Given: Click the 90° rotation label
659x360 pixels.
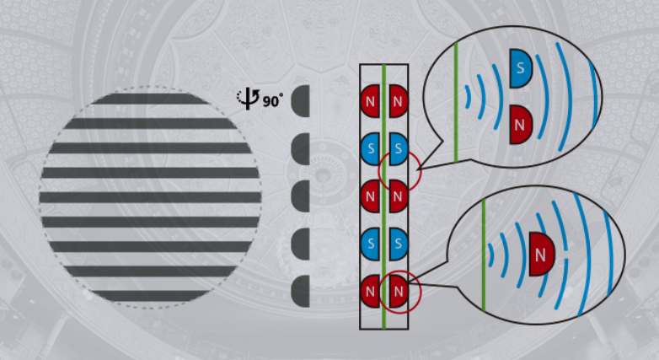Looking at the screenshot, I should point(273,101).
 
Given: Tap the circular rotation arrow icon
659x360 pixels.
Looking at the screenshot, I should point(249,99).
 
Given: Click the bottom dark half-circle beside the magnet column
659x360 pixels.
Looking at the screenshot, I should point(302,292).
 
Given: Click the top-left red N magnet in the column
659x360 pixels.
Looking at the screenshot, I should point(371,100).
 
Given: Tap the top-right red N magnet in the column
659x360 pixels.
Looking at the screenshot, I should point(398,100).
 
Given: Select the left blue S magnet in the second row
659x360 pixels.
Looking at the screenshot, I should point(371,149).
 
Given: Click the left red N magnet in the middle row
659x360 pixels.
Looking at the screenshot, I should point(371,196).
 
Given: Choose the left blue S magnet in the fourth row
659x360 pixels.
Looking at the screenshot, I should point(371,244).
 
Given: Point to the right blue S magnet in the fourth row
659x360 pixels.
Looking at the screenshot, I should point(398,244).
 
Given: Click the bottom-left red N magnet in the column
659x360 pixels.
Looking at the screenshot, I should point(371,292).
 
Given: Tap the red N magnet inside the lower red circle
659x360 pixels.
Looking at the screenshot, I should point(399,292).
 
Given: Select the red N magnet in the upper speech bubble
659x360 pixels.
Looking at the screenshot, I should point(521,124).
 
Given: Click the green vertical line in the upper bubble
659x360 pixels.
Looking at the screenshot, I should point(456,101).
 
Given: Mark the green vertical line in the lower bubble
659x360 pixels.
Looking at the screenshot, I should point(484,253).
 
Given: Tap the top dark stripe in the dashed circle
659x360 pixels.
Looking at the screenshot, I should point(150,99).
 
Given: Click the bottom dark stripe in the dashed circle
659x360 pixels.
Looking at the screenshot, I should point(150,296).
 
